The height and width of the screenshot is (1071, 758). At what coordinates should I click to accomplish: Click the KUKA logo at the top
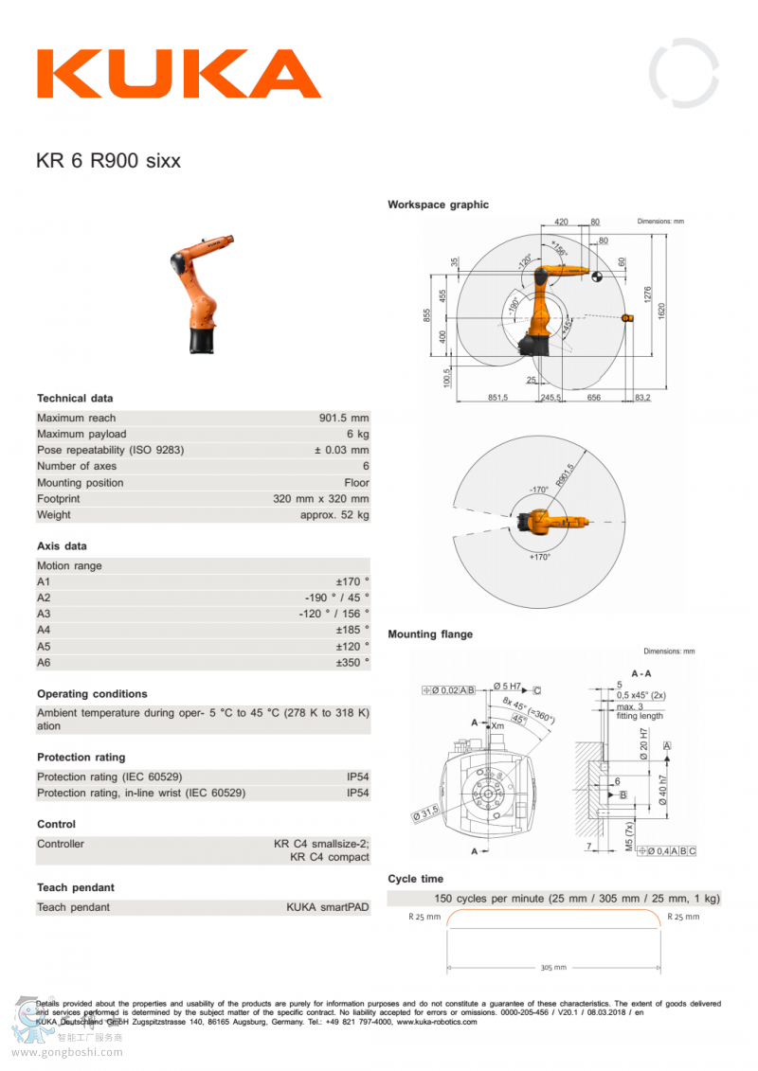pos(178,74)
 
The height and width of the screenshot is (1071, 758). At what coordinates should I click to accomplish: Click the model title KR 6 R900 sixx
pos(108,160)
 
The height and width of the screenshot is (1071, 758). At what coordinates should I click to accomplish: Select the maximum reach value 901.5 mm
pos(344,418)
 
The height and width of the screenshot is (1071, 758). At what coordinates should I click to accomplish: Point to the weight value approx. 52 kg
pos(334,514)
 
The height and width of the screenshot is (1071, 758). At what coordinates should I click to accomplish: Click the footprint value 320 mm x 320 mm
pos(321,498)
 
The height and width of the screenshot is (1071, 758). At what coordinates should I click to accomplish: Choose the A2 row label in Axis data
pos(44,598)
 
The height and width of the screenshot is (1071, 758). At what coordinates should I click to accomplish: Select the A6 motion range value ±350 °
pos(352,662)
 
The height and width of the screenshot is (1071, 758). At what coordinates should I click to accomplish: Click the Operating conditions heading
pos(92,694)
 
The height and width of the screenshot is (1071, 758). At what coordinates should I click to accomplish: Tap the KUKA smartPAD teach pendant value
pos(328,907)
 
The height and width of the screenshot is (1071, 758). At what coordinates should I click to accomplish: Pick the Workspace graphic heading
pos(438,205)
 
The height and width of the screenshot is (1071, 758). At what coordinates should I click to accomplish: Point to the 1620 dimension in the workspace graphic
pos(661,309)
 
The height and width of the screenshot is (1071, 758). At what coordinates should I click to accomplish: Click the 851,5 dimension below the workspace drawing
pos(497,398)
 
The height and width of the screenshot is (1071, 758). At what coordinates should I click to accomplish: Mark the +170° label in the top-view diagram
pos(539,558)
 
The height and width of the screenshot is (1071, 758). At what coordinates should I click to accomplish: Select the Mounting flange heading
pos(429,634)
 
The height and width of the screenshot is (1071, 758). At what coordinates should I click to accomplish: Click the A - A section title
pos(641,673)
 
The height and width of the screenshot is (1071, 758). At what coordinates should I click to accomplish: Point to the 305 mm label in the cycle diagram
pos(554,968)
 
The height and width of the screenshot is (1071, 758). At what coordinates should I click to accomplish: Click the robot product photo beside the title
pos(203,294)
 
